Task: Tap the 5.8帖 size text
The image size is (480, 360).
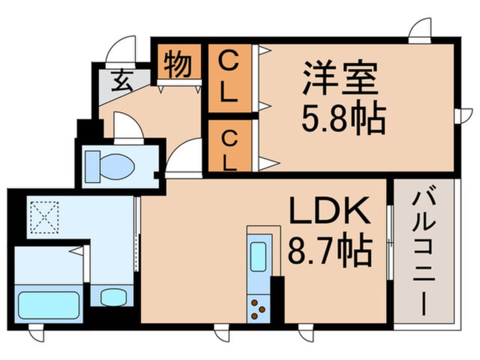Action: (x=344, y=118)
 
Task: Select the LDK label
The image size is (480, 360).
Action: (x=330, y=212)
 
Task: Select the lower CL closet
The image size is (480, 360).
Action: (x=229, y=147)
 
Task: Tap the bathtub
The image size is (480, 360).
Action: (x=48, y=305)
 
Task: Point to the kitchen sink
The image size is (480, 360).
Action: (x=258, y=257)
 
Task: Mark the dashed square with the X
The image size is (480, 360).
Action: (x=44, y=217)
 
